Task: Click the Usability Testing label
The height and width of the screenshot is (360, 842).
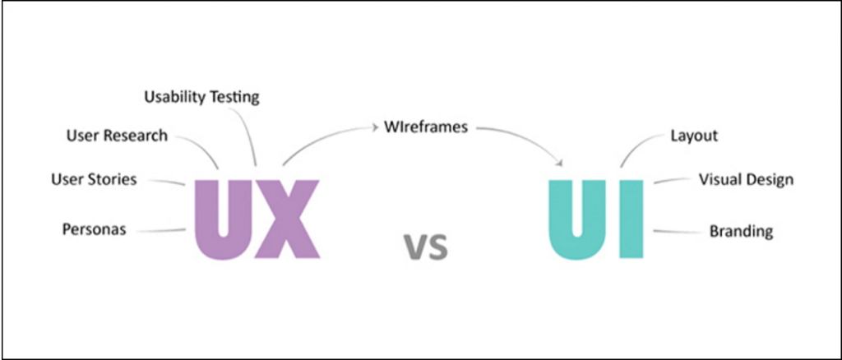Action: tap(202, 98)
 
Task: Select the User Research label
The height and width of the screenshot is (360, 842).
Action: tap(117, 136)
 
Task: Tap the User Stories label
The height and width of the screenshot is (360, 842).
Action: tap(94, 179)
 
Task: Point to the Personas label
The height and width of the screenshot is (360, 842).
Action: tap(95, 229)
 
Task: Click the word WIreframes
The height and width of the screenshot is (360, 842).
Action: tap(426, 127)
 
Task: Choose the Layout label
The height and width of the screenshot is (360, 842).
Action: tap(694, 136)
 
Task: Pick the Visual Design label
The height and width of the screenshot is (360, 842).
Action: tap(746, 180)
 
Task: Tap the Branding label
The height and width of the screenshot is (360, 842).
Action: tap(742, 231)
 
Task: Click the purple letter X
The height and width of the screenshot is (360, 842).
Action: tap(287, 219)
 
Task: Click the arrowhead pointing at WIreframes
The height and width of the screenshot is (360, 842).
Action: tap(375, 127)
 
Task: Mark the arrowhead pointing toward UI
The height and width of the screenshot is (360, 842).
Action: tap(561, 162)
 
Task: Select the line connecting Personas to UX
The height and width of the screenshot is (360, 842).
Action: tap(161, 231)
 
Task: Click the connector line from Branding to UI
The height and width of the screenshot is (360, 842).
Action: tap(678, 232)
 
